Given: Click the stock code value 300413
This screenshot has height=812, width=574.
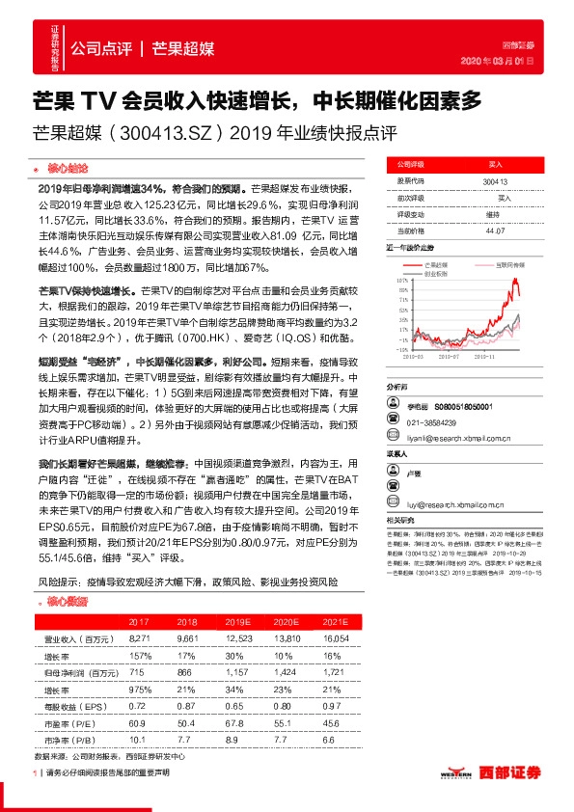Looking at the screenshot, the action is pos(495,180).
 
